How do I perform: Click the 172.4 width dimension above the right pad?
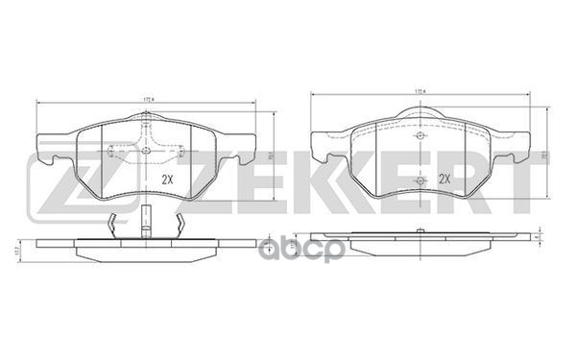point(419,92)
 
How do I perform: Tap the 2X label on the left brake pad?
point(167,180)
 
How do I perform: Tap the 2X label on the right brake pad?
point(444,179)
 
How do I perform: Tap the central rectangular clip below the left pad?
point(144,222)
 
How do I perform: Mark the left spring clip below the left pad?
point(112,223)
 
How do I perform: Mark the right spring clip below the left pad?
point(178,223)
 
